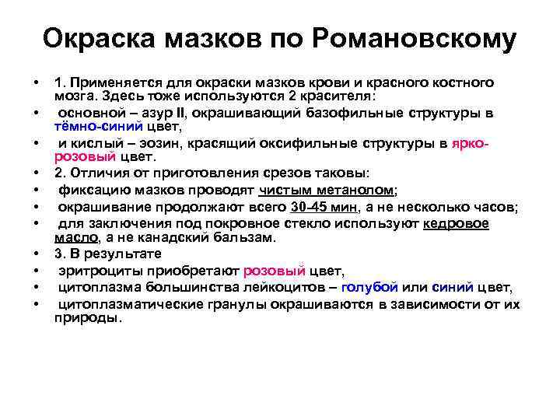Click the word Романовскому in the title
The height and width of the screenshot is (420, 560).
(x=413, y=39)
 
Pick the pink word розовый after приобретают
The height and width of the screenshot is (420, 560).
(x=271, y=271)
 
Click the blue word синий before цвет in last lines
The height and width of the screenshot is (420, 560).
(x=450, y=287)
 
